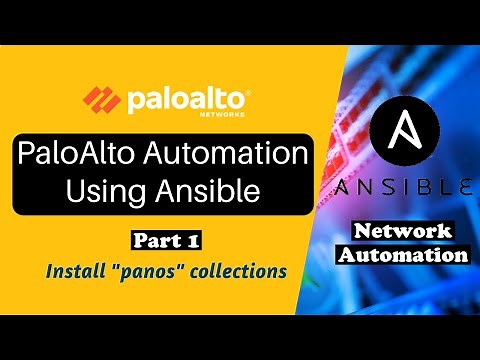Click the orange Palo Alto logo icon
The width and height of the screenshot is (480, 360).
tap(102, 100)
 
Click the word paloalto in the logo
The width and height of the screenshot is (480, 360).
tap(185, 100)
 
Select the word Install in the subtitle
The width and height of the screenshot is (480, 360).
tap(73, 270)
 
